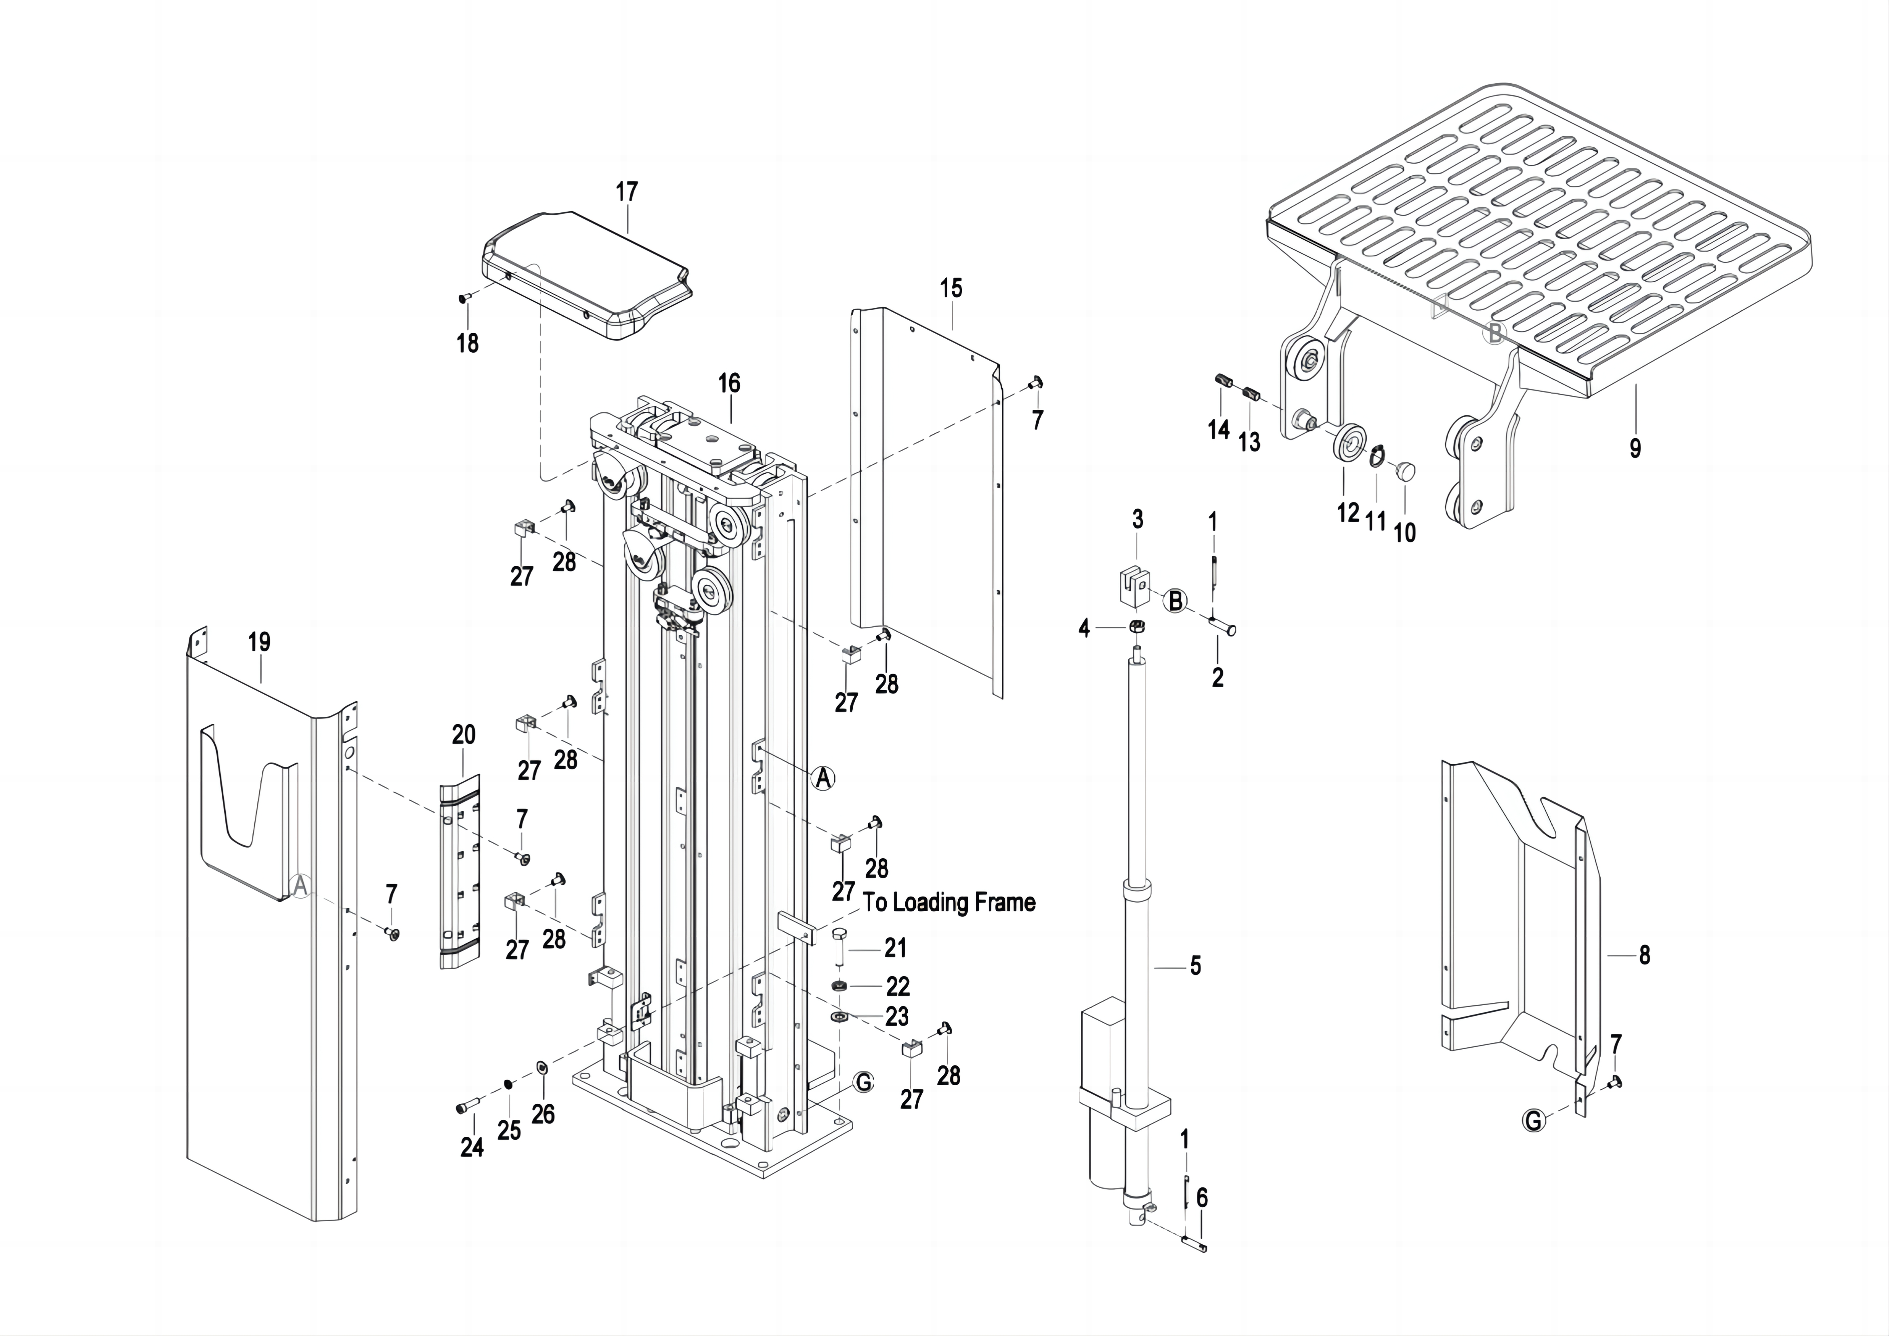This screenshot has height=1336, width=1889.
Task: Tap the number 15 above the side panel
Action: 951,288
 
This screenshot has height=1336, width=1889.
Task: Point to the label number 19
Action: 259,642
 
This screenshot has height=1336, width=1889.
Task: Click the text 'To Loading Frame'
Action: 949,903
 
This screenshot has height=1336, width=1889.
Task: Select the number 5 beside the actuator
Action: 1195,965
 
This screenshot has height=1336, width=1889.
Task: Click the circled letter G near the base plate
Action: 863,1082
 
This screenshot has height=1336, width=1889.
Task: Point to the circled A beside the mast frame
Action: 823,777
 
